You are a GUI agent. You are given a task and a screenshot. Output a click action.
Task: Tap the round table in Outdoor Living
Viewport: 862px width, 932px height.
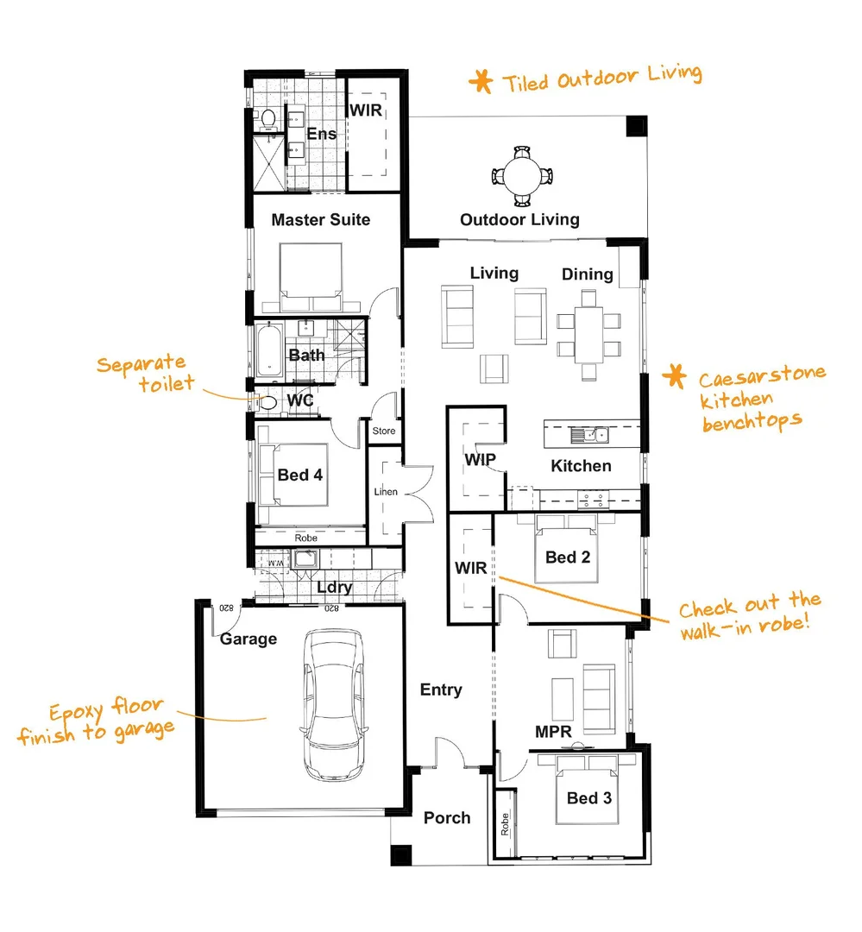[521, 176]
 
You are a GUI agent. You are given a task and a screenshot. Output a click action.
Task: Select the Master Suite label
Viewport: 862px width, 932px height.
[320, 220]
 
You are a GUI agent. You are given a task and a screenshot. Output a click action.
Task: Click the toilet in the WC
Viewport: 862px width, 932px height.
[267, 402]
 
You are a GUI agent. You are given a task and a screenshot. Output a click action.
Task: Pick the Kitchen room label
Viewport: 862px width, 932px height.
[581, 466]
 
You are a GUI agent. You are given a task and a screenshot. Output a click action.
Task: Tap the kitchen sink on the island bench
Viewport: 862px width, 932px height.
[595, 433]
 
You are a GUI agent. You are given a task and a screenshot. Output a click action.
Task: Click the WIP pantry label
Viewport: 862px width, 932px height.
[480, 460]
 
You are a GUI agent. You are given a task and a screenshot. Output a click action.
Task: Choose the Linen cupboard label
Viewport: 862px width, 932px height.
[386, 492]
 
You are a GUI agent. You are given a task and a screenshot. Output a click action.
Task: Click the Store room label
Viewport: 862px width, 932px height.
[384, 431]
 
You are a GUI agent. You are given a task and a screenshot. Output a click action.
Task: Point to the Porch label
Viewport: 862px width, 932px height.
[447, 818]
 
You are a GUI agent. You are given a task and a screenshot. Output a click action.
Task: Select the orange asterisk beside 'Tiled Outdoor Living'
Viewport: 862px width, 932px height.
[480, 82]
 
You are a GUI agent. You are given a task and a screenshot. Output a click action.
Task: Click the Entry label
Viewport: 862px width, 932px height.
[441, 690]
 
